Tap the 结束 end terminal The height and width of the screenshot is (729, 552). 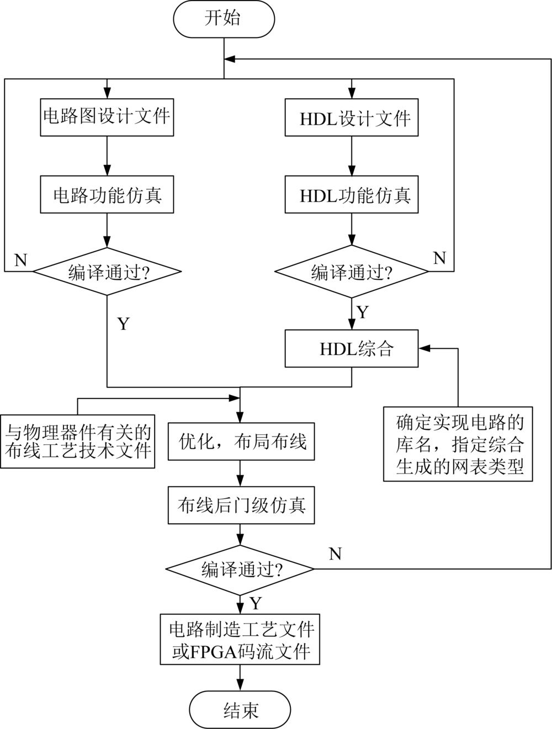pyautogui.click(x=240, y=709)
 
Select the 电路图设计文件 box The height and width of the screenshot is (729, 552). pyautogui.click(x=107, y=117)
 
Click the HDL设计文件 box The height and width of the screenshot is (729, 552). pyautogui.click(x=352, y=117)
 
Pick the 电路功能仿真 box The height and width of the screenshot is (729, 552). pyautogui.click(x=107, y=195)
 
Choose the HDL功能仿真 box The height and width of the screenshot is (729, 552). pyautogui.click(x=352, y=195)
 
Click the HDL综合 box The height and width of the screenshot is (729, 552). pyautogui.click(x=352, y=349)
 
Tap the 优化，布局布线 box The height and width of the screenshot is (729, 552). pyautogui.click(x=241, y=442)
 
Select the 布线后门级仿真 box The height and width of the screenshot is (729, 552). pyautogui.click(x=241, y=505)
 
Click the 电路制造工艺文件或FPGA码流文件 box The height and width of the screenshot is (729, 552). pyautogui.click(x=241, y=639)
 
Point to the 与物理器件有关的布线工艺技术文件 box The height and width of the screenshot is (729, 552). pyautogui.click(x=77, y=441)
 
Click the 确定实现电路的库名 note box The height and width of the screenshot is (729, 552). pyautogui.click(x=458, y=444)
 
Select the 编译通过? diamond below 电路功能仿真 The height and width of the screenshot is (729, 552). pyautogui.click(x=107, y=272)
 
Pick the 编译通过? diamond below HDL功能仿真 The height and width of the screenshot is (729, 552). pyautogui.click(x=352, y=272)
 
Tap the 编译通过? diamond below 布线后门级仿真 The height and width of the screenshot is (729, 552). pyautogui.click(x=241, y=570)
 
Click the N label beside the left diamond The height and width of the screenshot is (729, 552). pyautogui.click(x=20, y=260)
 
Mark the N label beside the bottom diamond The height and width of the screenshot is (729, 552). pyautogui.click(x=335, y=554)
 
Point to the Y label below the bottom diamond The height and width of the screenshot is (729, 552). pyautogui.click(x=255, y=603)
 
